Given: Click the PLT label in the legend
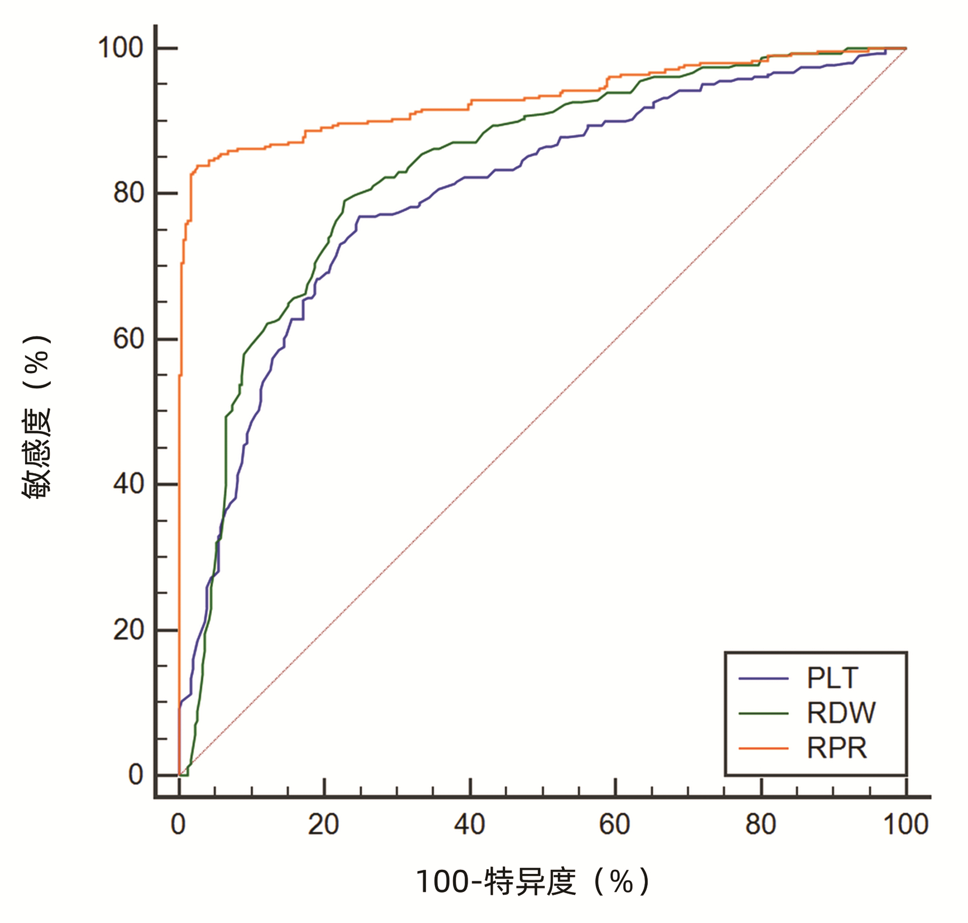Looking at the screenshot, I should tap(832, 679).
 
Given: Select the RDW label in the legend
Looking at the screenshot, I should tap(840, 713).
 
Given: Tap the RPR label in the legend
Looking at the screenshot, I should tap(836, 748).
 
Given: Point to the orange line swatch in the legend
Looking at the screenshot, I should tap(763, 748).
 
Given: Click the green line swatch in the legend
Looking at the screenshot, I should tap(763, 713).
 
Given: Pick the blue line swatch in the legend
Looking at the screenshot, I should tap(763, 679).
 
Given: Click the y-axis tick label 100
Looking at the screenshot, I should tap(121, 48).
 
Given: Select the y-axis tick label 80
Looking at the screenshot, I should tap(129, 193).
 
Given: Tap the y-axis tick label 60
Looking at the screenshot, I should tap(129, 339).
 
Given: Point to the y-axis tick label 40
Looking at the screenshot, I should tap(129, 484).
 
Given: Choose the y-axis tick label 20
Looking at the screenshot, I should tap(129, 630).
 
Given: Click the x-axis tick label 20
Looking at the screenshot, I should tap(324, 825).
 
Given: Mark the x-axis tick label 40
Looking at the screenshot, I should tap(469, 825).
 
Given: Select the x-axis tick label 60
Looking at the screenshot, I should tap(615, 825).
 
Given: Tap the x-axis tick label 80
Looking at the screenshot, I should tap(760, 825).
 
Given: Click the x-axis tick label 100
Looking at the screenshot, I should tap(905, 825).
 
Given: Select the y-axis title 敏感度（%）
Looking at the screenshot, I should tap(36, 417).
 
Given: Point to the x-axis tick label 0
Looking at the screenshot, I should tap(179, 825).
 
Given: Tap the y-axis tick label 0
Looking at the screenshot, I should tap(136, 775).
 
